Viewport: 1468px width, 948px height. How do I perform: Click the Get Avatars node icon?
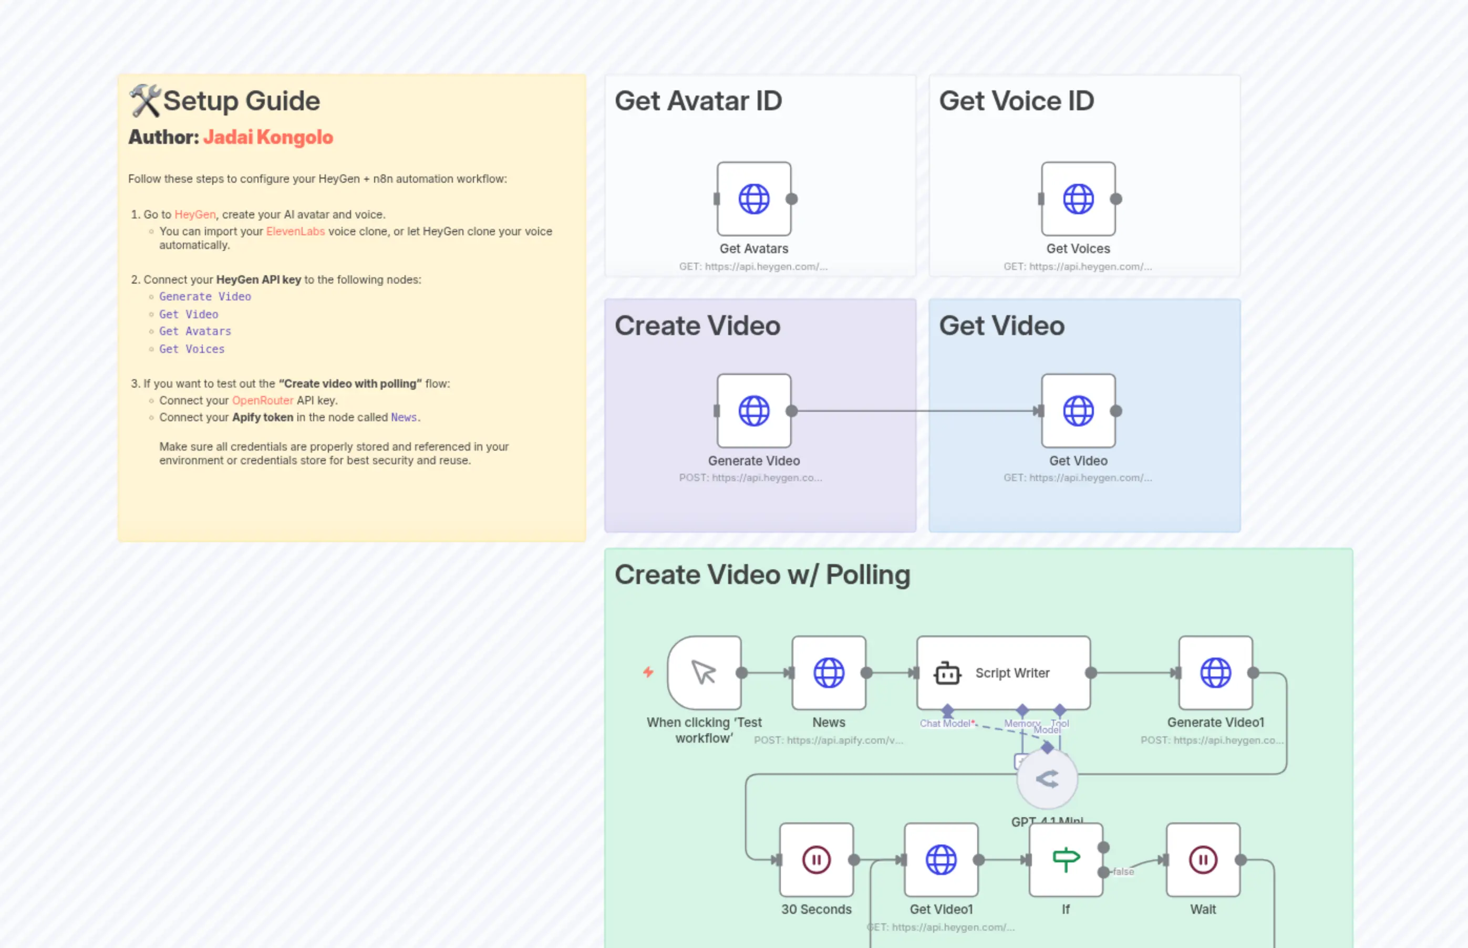click(754, 199)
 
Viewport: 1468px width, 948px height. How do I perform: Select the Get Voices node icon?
click(1078, 199)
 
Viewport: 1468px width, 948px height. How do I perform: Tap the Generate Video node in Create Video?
click(754, 411)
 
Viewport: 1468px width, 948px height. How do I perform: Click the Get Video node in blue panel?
click(1078, 411)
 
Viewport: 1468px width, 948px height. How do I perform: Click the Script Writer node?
click(1002, 673)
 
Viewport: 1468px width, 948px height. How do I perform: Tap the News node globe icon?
click(829, 673)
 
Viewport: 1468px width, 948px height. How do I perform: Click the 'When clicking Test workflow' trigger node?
click(704, 673)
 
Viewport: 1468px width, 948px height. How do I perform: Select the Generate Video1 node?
click(1215, 673)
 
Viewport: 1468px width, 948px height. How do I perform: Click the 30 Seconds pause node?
click(816, 859)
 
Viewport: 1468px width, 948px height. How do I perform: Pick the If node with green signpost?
click(1066, 859)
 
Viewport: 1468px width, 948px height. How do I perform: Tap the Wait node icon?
click(1202, 859)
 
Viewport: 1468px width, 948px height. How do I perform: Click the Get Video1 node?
click(941, 859)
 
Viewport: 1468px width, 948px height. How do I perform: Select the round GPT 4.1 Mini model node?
click(1047, 779)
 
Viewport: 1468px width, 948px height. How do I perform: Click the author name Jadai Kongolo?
click(268, 137)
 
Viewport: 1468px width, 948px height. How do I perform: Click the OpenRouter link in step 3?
click(262, 400)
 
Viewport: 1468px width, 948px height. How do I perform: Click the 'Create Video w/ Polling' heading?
click(762, 575)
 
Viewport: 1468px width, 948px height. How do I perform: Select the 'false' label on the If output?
click(1123, 872)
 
